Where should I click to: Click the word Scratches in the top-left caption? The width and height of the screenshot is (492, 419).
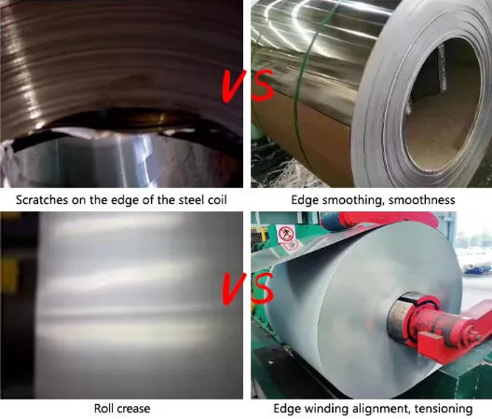tap(42, 200)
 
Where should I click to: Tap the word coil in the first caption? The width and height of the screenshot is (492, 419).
tap(217, 200)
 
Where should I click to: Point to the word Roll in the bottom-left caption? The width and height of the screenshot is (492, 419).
tap(103, 409)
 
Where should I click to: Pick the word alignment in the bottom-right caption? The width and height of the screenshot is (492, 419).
tap(381, 410)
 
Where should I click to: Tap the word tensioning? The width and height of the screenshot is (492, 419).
tap(444, 410)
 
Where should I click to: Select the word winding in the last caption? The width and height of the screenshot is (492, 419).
tap(326, 410)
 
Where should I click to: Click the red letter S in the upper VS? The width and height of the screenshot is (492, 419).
tap(263, 86)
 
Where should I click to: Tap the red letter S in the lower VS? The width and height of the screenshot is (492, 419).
tap(263, 290)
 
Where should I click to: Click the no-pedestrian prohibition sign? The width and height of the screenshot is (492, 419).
tap(286, 234)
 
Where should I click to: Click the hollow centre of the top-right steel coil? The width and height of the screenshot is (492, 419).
tap(441, 107)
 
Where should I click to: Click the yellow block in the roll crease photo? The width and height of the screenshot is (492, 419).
tap(8, 275)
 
